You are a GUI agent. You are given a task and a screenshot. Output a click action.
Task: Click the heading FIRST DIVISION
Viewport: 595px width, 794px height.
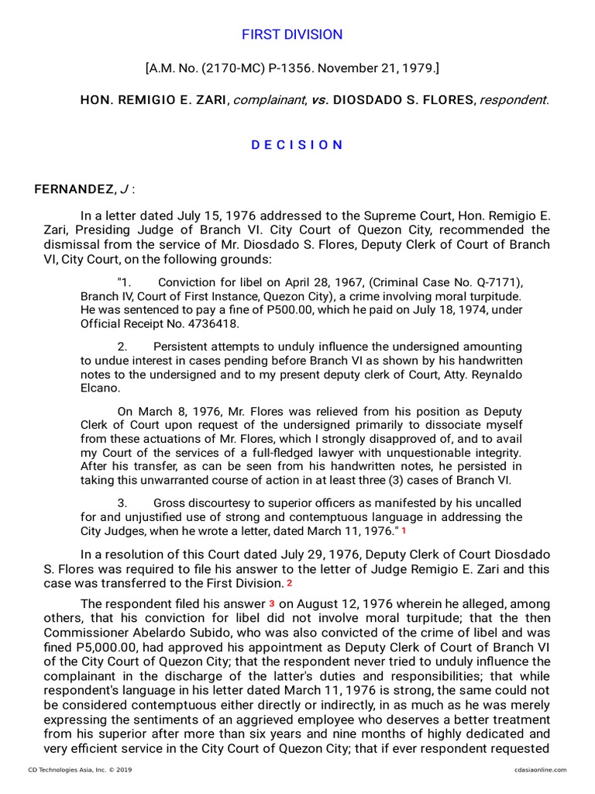(x=292, y=35)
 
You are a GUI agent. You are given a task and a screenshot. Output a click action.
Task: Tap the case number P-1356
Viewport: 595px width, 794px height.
(x=267, y=69)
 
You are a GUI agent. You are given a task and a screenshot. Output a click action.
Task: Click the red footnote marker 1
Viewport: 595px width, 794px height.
(x=404, y=532)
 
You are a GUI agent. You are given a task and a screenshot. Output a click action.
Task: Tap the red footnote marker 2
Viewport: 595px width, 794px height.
(x=289, y=582)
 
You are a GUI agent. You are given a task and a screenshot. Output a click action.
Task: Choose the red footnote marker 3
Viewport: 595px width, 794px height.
(x=271, y=602)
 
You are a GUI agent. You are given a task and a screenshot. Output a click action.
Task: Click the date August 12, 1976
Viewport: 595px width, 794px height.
(x=337, y=603)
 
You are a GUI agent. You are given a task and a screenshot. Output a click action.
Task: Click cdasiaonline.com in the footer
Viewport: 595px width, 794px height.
(x=539, y=769)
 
